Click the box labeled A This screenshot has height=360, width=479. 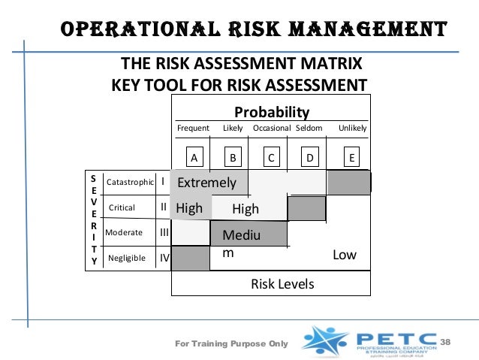[x=193, y=158]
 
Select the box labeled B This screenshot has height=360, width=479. [x=233, y=158]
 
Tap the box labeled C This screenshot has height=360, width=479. [x=271, y=158]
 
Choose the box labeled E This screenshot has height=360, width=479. [x=352, y=158]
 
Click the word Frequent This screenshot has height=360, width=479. [x=193, y=129]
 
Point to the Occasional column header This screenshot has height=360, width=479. [x=271, y=129]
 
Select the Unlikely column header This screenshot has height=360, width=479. [x=353, y=129]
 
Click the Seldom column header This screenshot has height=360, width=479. [x=309, y=129]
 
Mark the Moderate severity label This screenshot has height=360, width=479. [x=124, y=232]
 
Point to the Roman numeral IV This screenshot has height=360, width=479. [x=164, y=258]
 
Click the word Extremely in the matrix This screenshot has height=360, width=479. [x=206, y=183]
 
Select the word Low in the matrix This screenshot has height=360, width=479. [x=345, y=256]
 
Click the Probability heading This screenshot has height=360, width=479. [x=271, y=113]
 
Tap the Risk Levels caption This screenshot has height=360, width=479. [x=282, y=284]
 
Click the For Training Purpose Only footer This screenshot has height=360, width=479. [x=231, y=343]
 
